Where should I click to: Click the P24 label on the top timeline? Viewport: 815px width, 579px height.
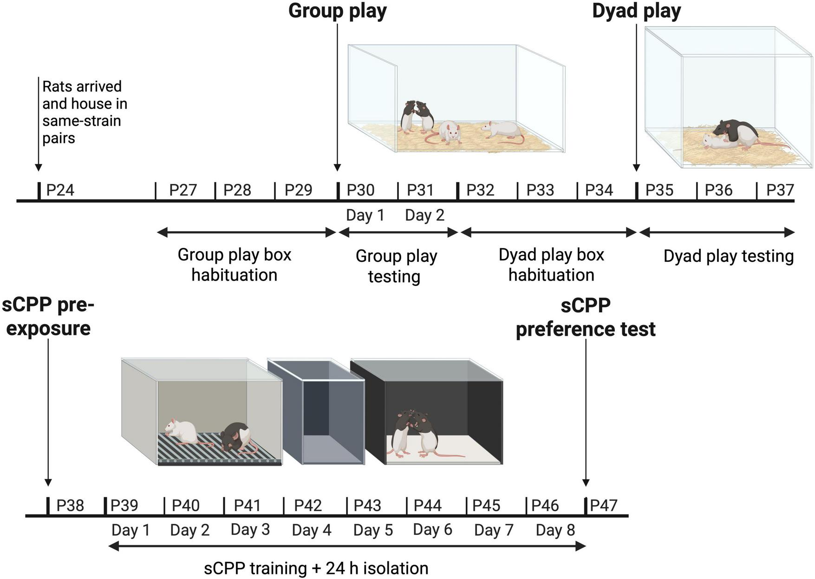(x=60, y=190)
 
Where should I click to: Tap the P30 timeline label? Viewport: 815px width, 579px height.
(x=360, y=190)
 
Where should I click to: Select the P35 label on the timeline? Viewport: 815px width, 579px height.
(x=659, y=190)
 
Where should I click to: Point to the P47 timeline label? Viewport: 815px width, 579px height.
(x=603, y=505)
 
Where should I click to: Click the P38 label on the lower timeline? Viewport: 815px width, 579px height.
(x=70, y=505)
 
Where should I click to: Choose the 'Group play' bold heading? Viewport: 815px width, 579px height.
(x=337, y=11)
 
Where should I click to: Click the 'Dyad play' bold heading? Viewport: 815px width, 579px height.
(x=636, y=11)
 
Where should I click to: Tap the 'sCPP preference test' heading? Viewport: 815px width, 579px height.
(x=586, y=318)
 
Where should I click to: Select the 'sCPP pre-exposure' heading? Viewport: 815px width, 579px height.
(x=48, y=317)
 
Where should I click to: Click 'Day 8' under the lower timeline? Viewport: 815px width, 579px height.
(x=555, y=530)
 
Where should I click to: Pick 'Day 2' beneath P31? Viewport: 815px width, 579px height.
(x=424, y=215)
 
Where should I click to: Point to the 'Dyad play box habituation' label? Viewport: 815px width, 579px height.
(x=551, y=265)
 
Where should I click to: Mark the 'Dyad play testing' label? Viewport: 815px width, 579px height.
(x=728, y=256)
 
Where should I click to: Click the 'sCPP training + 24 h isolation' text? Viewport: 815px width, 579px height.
(x=316, y=568)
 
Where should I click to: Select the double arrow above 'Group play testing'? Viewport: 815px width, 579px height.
(x=398, y=232)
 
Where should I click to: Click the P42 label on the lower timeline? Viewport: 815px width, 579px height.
(x=308, y=505)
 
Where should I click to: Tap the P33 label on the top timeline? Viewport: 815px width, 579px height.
(x=540, y=190)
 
